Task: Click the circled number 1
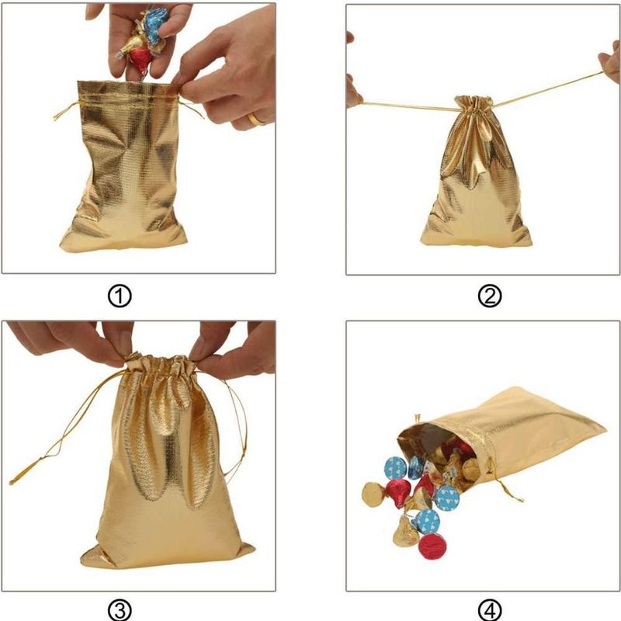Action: pyautogui.click(x=120, y=297)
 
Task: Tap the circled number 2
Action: pyautogui.click(x=490, y=297)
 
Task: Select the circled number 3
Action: pyautogui.click(x=120, y=610)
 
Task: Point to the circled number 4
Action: pyautogui.click(x=490, y=610)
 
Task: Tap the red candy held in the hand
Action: pyautogui.click(x=142, y=60)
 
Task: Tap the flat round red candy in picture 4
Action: pyautogui.click(x=432, y=546)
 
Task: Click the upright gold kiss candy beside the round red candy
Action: pyautogui.click(x=405, y=532)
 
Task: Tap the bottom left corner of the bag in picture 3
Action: pyautogui.click(x=82, y=561)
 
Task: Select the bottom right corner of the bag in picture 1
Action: pyautogui.click(x=186, y=240)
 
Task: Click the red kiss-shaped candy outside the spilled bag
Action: pyautogui.click(x=397, y=493)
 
